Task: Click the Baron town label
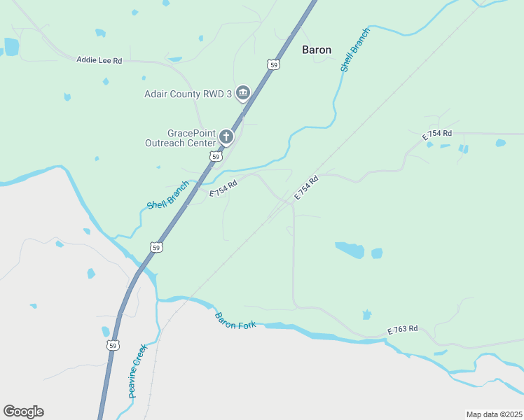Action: click(x=317, y=50)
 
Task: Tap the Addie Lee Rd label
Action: click(x=99, y=61)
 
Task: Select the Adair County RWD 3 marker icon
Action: click(x=243, y=93)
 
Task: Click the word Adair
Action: click(x=158, y=94)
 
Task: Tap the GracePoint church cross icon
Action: click(x=226, y=136)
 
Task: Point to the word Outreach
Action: click(x=165, y=143)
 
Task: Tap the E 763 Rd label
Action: click(x=403, y=329)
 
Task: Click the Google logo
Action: click(x=23, y=412)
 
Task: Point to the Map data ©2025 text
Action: click(x=494, y=414)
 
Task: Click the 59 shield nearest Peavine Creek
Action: click(x=112, y=345)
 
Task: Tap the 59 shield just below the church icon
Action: click(x=216, y=157)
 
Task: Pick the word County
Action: click(x=191, y=94)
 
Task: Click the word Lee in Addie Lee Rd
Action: click(x=106, y=61)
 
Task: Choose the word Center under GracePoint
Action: click(x=202, y=143)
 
